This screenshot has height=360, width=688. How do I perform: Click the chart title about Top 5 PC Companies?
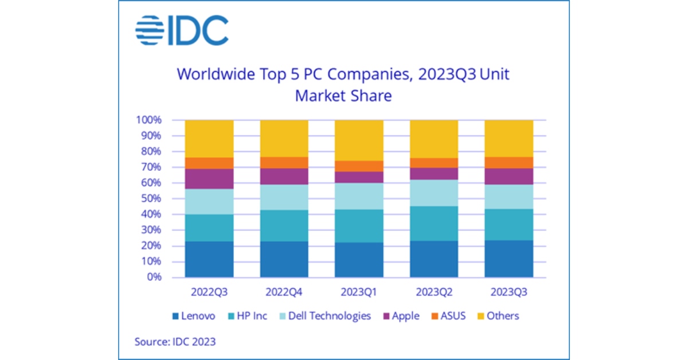(x=343, y=85)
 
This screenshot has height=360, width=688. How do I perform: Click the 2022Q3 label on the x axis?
(x=209, y=292)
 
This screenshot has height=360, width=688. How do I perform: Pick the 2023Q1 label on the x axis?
(x=359, y=292)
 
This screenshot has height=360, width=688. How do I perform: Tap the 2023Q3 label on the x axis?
(x=509, y=292)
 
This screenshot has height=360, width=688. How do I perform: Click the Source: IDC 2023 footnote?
(x=175, y=342)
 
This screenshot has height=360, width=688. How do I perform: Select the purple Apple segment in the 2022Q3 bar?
(x=209, y=179)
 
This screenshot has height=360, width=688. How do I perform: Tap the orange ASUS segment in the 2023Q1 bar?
(x=359, y=166)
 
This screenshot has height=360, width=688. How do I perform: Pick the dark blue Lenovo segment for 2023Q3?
(x=509, y=259)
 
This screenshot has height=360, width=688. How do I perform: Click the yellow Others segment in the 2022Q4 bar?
(x=284, y=138)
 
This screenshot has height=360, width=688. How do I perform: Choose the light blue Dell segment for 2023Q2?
(x=434, y=193)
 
